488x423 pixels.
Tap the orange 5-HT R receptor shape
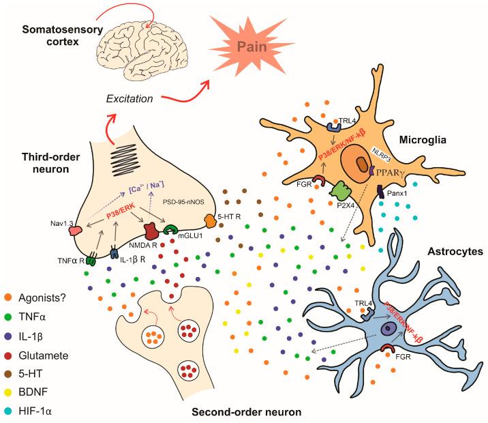coord(209,220)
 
